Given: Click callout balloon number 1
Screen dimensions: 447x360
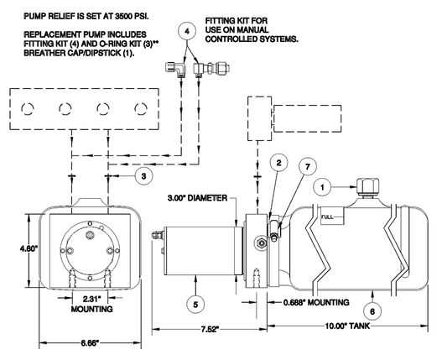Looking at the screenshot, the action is tap(322, 187).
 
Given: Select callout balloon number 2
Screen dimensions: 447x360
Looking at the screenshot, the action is tap(278, 163).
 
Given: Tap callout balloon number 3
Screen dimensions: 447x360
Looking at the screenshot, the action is tap(143, 176).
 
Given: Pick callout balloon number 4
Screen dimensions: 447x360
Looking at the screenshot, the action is tap(187, 31).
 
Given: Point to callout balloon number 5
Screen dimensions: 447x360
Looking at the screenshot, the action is tap(195, 305).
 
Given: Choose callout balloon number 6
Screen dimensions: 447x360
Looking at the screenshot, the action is tap(372, 311).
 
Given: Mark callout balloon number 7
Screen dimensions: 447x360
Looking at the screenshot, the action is tap(307, 166).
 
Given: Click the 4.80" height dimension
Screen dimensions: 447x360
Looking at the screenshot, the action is tap(29, 248).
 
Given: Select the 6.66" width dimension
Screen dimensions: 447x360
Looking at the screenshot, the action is tap(90, 343).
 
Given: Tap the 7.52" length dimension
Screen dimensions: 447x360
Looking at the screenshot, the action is tap(210, 329).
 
